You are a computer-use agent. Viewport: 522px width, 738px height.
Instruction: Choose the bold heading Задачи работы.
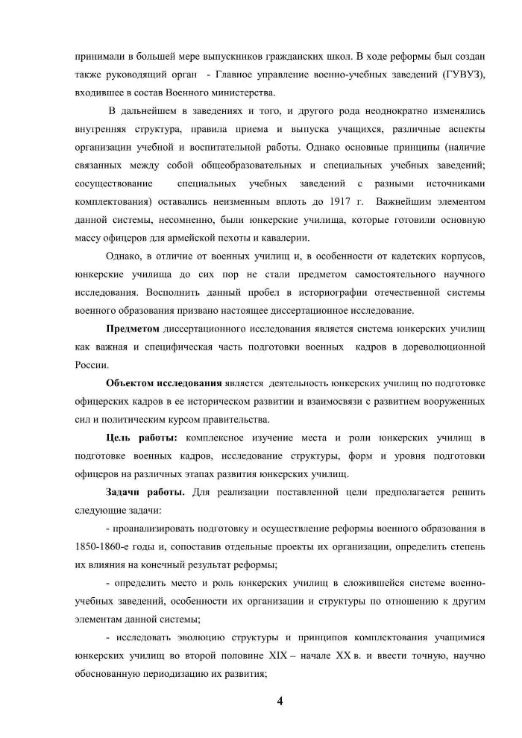[145, 492]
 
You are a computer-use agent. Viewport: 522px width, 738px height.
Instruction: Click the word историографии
[308, 292]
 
